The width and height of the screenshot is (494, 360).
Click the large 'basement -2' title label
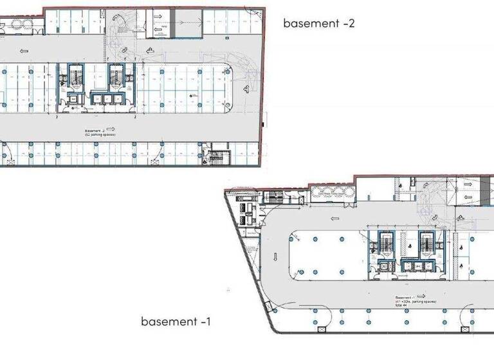pos(319,24)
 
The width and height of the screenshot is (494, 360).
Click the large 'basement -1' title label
pos(176,321)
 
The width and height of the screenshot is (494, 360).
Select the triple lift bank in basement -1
pos(415,264)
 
